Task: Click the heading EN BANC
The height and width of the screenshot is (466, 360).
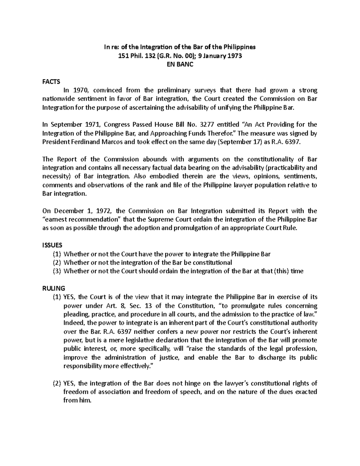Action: tap(180, 64)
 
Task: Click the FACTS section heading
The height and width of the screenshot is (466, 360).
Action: tap(51, 82)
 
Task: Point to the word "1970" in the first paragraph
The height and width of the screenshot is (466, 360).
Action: tap(81, 90)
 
